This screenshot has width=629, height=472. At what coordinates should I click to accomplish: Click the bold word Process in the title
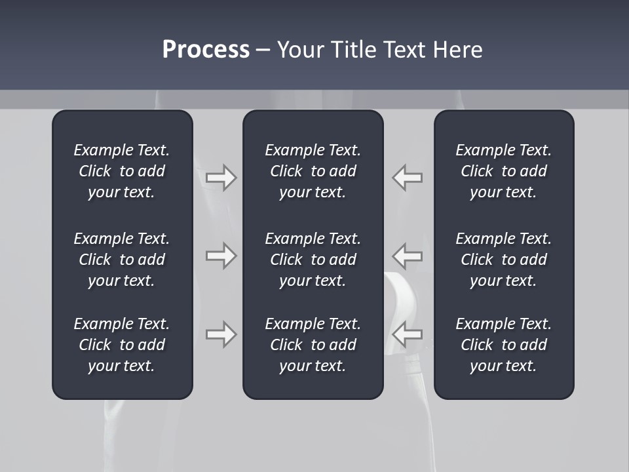(x=206, y=50)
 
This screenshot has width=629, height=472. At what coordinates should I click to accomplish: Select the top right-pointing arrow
(x=221, y=178)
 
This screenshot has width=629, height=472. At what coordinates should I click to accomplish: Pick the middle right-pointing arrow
(x=221, y=256)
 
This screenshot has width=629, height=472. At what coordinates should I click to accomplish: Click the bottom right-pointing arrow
(x=221, y=334)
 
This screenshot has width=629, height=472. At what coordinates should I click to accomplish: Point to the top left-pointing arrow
(x=408, y=178)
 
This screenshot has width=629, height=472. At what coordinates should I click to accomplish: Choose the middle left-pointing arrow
(x=408, y=256)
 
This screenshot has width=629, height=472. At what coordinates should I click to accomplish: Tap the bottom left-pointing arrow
(x=408, y=334)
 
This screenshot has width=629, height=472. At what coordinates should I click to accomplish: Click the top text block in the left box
(x=122, y=171)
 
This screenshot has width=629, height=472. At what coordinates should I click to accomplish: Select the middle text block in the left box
(x=122, y=260)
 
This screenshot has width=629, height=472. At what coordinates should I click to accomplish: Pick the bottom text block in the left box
(x=122, y=345)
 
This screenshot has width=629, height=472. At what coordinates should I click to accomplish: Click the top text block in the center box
(x=313, y=171)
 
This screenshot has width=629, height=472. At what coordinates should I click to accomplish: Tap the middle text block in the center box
(x=313, y=260)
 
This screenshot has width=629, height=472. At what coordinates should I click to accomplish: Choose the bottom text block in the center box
(x=313, y=345)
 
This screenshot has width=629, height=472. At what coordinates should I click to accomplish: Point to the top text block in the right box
(x=504, y=171)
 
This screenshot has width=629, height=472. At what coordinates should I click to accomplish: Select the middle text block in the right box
(x=504, y=260)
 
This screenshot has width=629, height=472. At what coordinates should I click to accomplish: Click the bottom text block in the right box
(x=504, y=345)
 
